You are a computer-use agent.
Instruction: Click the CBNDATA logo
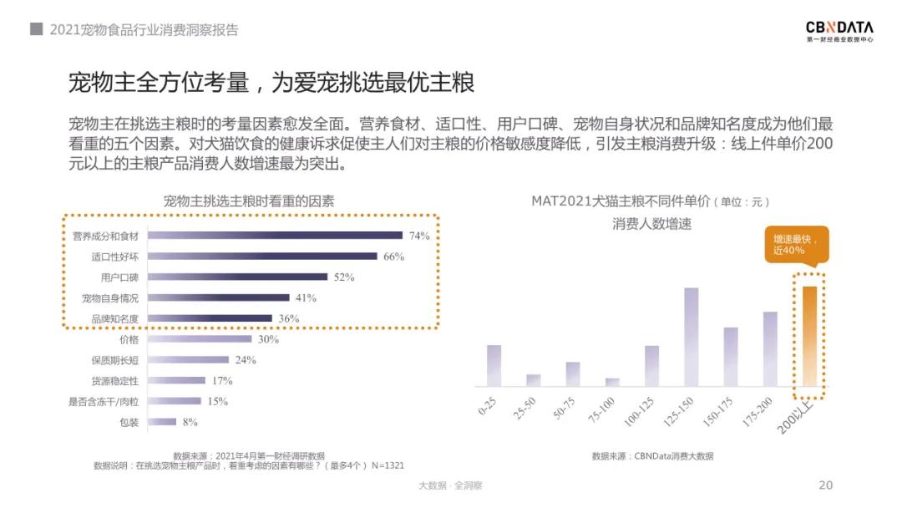(x=839, y=31)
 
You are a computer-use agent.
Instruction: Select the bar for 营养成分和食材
(x=275, y=236)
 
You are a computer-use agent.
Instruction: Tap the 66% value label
(x=393, y=257)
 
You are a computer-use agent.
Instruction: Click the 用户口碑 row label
(x=119, y=277)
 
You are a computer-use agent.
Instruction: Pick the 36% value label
(x=289, y=318)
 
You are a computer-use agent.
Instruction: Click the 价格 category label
(x=129, y=340)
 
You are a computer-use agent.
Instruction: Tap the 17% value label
(x=221, y=381)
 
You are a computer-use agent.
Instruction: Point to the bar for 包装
(x=162, y=422)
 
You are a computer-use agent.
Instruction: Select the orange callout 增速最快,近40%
(x=796, y=244)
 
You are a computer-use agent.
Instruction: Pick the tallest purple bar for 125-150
(x=691, y=337)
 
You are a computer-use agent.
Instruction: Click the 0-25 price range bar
(x=494, y=365)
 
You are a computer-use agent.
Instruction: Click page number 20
(x=825, y=485)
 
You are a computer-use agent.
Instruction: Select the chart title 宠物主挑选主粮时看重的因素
(x=248, y=201)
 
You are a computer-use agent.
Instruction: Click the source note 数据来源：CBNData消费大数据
(x=652, y=456)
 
